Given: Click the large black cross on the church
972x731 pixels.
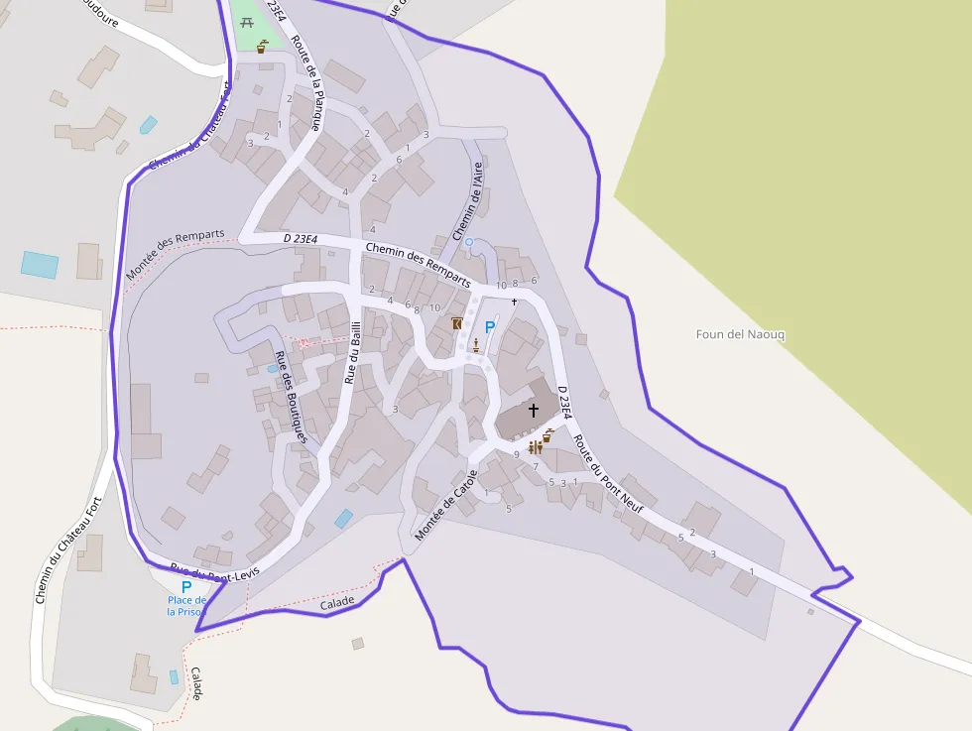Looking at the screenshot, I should [x=533, y=410].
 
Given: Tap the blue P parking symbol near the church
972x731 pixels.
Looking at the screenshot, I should [x=489, y=326].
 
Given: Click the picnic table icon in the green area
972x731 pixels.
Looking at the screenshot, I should [x=247, y=23].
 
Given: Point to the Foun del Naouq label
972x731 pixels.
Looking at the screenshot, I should [x=740, y=334].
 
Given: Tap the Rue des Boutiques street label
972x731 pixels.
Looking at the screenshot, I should [x=292, y=398].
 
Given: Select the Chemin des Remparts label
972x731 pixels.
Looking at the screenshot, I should [x=417, y=264].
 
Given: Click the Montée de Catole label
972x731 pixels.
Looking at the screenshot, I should [x=447, y=505].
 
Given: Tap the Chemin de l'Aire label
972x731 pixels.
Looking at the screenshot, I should [x=467, y=201].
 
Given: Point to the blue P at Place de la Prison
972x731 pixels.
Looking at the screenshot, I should [x=185, y=587].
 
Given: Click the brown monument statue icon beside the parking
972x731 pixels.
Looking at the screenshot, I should [x=476, y=345].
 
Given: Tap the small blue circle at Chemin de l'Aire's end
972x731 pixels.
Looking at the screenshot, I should [x=469, y=242].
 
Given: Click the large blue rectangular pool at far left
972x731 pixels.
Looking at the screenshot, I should [x=40, y=265].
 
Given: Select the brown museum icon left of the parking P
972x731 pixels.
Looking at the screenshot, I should [x=457, y=324].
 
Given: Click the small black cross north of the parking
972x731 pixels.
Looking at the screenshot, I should [x=514, y=301].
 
